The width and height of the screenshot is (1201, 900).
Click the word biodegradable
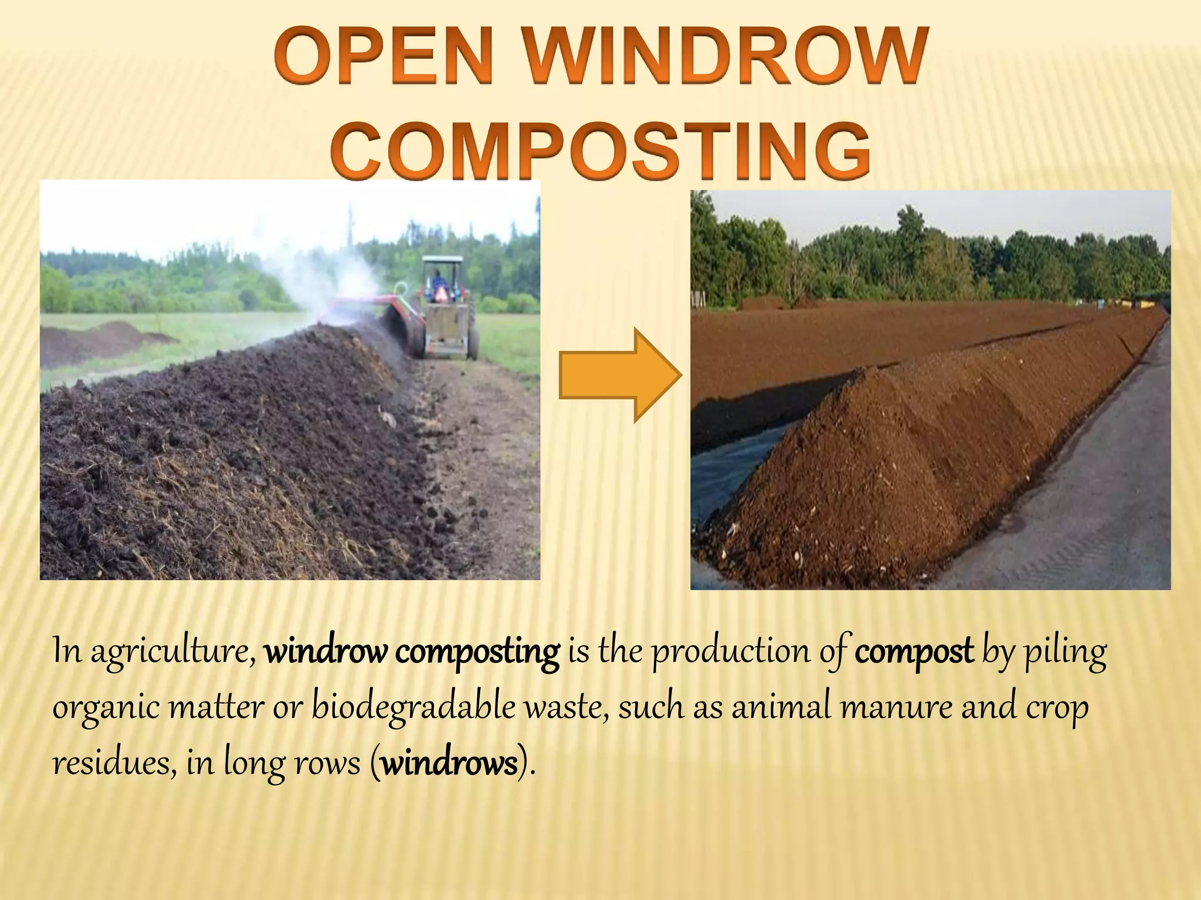(413, 706)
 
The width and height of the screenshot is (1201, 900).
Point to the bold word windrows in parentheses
(449, 763)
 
